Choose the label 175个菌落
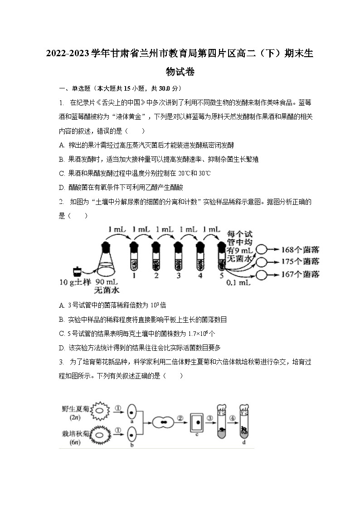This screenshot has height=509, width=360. [x=301, y=262]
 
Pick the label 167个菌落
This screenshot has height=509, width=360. [x=301, y=274]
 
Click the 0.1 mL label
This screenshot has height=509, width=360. [x=238, y=282]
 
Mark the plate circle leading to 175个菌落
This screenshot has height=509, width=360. [x=262, y=262]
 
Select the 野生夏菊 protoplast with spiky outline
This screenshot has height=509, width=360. [x=100, y=412]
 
